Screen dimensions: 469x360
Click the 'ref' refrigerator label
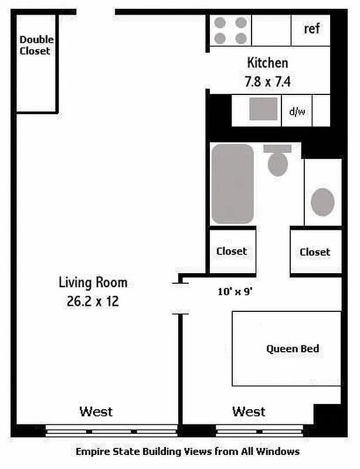[x=312, y=29]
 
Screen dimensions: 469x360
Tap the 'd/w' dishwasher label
[x=297, y=111]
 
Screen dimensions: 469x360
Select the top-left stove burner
[x=220, y=23]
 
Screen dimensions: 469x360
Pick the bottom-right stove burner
[x=240, y=39]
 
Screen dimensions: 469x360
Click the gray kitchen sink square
[x=263, y=109]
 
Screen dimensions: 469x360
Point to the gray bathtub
[x=233, y=183]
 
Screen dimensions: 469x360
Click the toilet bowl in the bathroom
[x=278, y=164]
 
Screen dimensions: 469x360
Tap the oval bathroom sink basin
[x=322, y=202]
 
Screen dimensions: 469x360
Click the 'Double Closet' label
[x=36, y=45]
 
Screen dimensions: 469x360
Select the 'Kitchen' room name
[x=267, y=62]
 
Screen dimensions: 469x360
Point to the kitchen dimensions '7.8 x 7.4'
[x=267, y=81]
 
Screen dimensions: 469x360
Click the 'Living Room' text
[x=93, y=283]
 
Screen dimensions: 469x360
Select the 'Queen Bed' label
[x=293, y=349]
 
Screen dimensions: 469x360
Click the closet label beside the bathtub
[x=232, y=251]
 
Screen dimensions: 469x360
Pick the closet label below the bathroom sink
[x=315, y=252]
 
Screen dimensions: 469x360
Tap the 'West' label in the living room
[x=96, y=411]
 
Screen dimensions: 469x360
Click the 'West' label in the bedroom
[x=249, y=412]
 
